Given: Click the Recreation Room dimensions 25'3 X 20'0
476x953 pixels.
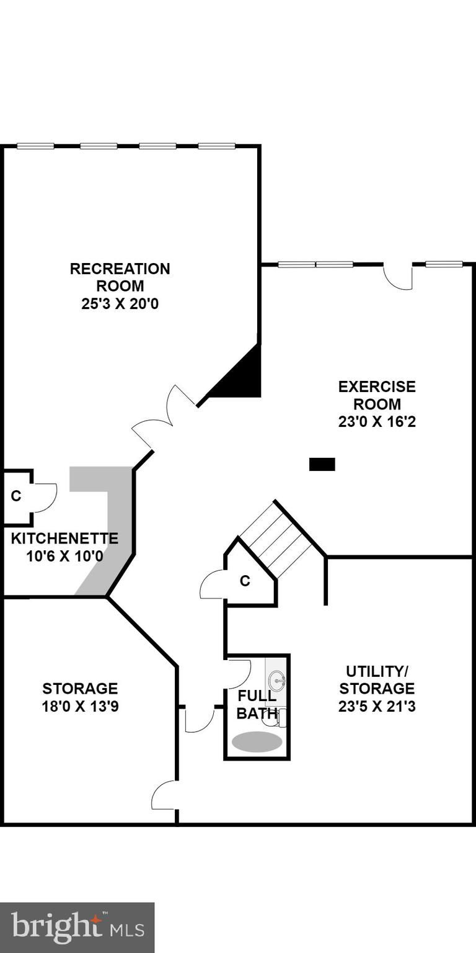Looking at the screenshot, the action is point(120,304).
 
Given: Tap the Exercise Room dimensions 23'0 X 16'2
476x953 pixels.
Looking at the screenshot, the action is point(377,422).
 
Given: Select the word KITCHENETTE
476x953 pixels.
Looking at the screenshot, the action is point(64,538).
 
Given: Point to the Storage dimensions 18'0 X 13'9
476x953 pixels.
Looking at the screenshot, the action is point(80,706).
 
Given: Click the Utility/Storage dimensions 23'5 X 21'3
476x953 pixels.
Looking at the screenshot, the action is point(377,706).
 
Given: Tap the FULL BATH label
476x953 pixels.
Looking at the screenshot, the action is point(257,705).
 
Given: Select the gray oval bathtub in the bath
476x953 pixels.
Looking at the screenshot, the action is point(257,741).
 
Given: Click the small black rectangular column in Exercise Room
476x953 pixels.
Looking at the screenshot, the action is point(322,464).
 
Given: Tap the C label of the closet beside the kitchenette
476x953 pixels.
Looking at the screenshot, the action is point(16,496).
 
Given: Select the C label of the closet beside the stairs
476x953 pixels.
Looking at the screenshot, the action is point(245,581).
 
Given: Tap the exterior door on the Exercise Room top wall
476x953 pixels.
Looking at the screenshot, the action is point(399,277).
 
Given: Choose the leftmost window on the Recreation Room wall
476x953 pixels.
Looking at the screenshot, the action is point(35,146).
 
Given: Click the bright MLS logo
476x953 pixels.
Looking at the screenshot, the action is point(77,928).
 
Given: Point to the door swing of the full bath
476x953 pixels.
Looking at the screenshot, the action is point(239,673).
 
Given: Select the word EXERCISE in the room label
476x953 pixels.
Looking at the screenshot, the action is point(377,387).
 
